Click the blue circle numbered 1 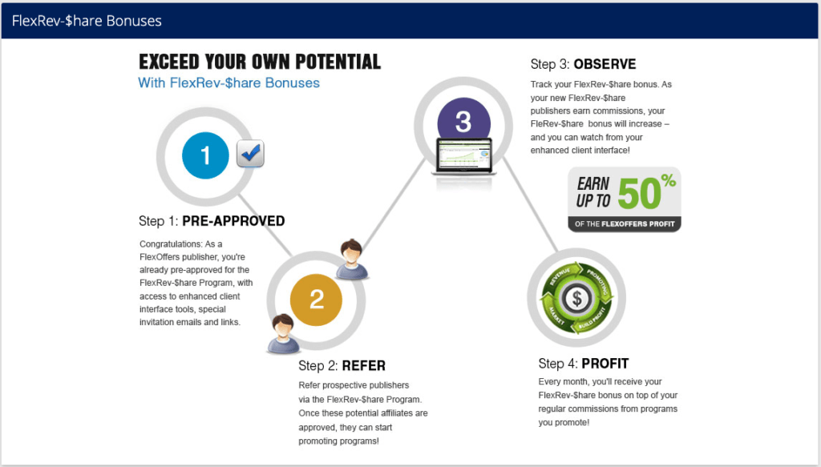[x=205, y=155]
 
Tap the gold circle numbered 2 [x=316, y=300]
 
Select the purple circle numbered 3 [x=463, y=121]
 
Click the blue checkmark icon [x=250, y=153]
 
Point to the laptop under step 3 [x=464, y=157]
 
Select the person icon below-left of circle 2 [x=283, y=333]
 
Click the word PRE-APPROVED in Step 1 [x=233, y=221]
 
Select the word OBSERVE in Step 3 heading [x=605, y=64]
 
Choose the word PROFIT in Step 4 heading [x=605, y=364]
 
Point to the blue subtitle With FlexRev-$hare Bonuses [x=229, y=83]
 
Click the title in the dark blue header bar [x=87, y=21]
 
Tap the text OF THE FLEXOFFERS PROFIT [x=624, y=224]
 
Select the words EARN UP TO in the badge [x=593, y=192]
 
